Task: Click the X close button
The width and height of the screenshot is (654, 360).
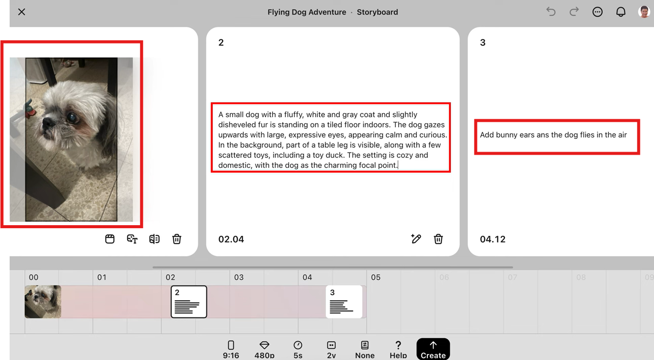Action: tap(22, 12)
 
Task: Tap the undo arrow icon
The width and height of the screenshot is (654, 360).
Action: tap(551, 12)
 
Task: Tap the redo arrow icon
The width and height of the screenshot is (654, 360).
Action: tap(574, 12)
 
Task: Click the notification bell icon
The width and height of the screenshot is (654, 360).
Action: tap(621, 12)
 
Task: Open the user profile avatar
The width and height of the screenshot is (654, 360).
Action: tap(643, 12)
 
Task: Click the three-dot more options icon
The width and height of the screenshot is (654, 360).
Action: tap(597, 12)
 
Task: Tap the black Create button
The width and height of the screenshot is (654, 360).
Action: tap(433, 349)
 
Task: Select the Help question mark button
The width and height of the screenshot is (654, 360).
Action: tap(398, 350)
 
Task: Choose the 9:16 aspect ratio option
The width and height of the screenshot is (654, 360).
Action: tap(231, 350)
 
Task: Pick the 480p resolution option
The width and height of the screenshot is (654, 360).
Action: tap(264, 350)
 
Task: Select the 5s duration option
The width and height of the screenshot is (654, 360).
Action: tap(298, 350)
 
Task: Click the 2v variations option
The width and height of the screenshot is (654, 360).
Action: tap(332, 350)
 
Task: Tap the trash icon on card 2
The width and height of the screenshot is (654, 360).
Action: tap(438, 239)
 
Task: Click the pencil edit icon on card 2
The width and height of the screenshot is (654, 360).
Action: tap(416, 238)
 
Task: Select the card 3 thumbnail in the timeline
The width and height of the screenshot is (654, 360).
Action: tap(344, 302)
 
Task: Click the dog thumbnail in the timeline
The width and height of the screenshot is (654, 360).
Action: tap(43, 302)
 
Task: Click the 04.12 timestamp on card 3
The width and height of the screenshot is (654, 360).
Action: tap(493, 239)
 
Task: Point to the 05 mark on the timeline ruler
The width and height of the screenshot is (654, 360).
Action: tap(376, 277)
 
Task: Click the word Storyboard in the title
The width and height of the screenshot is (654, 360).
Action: tap(377, 12)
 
